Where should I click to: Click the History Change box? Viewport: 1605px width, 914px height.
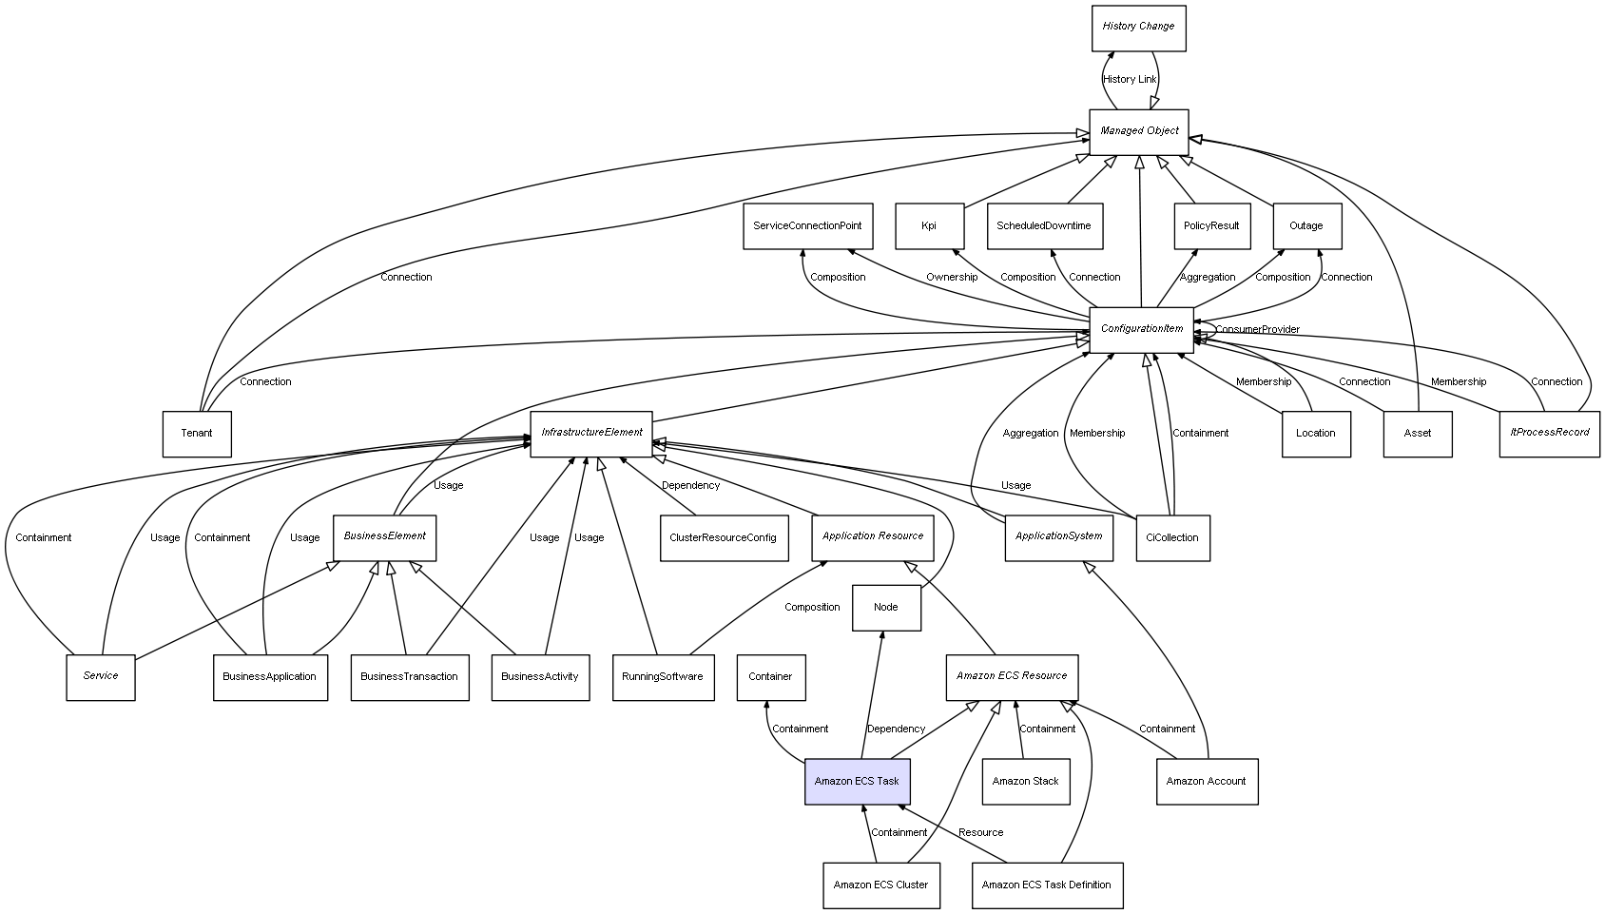(1138, 28)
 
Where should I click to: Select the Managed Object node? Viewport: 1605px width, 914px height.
(1139, 131)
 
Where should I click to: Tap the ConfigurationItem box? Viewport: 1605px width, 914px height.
(1141, 329)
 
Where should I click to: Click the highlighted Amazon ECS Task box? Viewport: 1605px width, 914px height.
(857, 782)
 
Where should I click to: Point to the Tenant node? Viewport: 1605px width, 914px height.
(197, 434)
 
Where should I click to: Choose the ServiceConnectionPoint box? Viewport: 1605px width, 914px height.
(807, 226)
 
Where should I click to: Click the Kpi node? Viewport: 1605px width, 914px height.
(929, 226)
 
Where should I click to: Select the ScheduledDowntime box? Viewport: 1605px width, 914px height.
(1044, 226)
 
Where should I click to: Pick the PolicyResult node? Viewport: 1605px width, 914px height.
(1211, 226)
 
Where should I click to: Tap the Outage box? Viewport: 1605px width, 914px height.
(1306, 226)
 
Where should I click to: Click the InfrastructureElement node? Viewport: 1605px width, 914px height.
(591, 434)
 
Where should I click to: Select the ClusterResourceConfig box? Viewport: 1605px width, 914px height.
(724, 538)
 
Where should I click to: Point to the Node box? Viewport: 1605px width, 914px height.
(885, 608)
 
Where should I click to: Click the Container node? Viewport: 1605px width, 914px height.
(770, 677)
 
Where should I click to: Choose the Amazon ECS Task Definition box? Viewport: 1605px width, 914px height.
(1047, 885)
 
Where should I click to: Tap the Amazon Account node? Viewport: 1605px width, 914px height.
(1207, 782)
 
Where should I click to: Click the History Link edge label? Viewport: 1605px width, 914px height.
(1130, 80)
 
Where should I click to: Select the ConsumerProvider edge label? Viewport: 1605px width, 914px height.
(1257, 330)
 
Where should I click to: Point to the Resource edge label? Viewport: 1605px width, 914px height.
(980, 833)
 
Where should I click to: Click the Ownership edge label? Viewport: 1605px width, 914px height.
(952, 278)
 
